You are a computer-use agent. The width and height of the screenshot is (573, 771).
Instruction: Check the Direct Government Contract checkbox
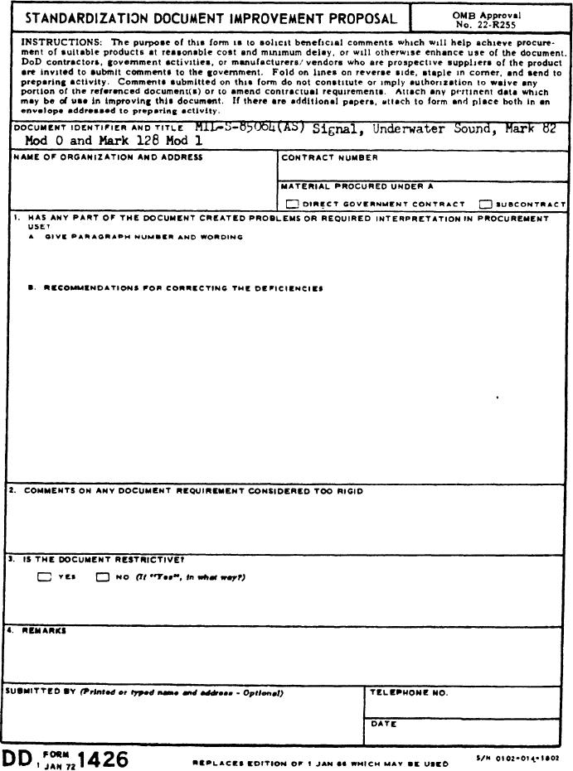(x=292, y=204)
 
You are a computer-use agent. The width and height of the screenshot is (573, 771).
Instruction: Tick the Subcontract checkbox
(x=485, y=204)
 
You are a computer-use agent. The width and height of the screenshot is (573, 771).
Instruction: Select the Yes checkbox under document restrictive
(x=44, y=577)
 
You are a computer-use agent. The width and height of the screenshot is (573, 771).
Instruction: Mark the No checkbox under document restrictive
(x=103, y=577)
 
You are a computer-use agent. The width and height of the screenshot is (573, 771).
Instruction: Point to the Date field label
(x=383, y=724)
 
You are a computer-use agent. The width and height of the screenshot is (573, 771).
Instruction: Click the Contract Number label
(x=329, y=157)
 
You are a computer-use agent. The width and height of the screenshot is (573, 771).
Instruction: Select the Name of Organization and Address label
(x=108, y=157)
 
